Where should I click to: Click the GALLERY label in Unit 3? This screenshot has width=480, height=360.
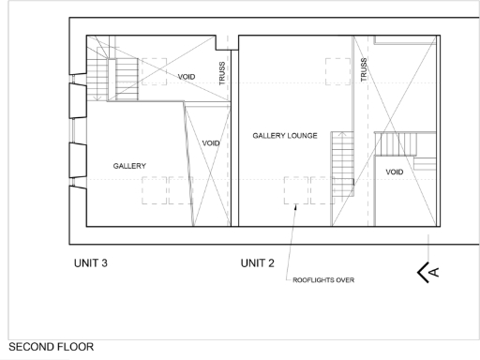[129, 166]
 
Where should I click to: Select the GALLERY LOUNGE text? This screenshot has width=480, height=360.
[284, 136]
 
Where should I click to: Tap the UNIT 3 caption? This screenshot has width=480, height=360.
[92, 263]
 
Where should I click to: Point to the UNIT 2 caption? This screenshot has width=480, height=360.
[258, 263]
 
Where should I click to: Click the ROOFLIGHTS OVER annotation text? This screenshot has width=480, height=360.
[324, 279]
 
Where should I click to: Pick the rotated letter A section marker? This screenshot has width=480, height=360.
[435, 273]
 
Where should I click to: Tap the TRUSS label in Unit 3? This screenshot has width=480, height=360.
[222, 75]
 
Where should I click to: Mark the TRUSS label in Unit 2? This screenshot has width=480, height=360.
[364, 70]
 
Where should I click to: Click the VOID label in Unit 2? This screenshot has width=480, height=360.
[394, 172]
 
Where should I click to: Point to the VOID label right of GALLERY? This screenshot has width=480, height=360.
[211, 143]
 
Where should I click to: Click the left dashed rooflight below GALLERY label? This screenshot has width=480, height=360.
[153, 190]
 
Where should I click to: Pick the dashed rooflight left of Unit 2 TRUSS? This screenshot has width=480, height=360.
[338, 71]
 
